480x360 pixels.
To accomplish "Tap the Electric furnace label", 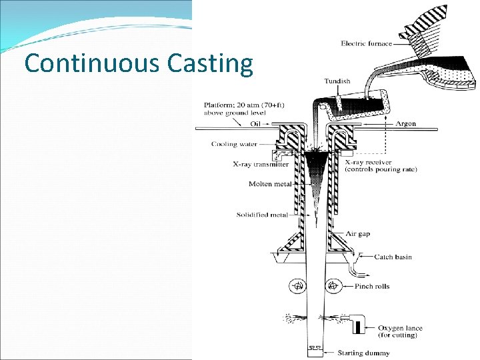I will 366,44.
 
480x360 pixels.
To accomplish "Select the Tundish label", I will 337,81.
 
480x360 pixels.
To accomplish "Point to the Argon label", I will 405,123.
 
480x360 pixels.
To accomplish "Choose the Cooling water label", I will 233,144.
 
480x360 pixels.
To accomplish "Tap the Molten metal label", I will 269,184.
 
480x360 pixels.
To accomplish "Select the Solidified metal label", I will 262,215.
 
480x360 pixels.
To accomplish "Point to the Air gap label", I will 357,233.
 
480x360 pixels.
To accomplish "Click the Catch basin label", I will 393,257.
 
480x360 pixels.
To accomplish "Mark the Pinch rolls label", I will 391,286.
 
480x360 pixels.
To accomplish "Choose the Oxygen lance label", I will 400,328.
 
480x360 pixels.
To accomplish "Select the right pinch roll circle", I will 333,287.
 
